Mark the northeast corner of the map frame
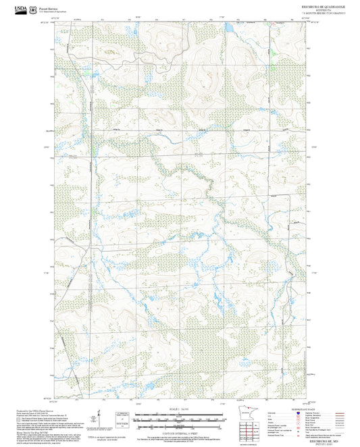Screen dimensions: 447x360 coord(307,22)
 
